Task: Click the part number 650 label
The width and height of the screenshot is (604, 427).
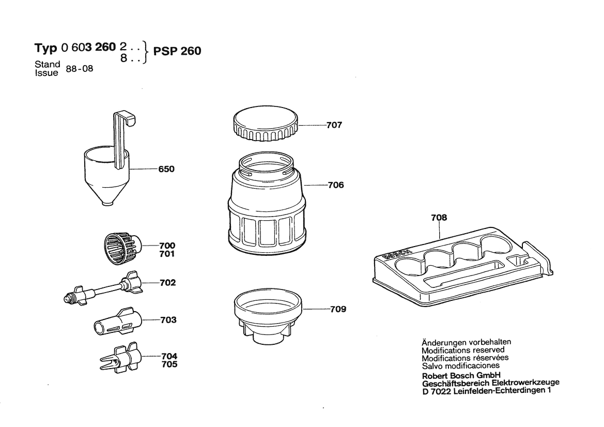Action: pyautogui.click(x=166, y=169)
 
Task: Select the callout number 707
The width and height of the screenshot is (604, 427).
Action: pyautogui.click(x=334, y=125)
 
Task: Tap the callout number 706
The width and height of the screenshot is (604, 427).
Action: pyautogui.click(x=335, y=185)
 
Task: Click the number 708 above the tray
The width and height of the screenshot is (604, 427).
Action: pyautogui.click(x=439, y=218)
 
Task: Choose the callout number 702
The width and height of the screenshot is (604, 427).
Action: pyautogui.click(x=167, y=283)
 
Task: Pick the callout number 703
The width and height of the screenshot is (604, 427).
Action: pyautogui.click(x=168, y=320)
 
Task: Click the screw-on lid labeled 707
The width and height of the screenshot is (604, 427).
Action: pyautogui.click(x=266, y=126)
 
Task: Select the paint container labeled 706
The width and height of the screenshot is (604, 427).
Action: pyautogui.click(x=267, y=207)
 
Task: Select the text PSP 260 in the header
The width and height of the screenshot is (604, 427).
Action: pyautogui.click(x=177, y=51)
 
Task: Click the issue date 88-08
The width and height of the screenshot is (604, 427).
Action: pyautogui.click(x=79, y=69)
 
